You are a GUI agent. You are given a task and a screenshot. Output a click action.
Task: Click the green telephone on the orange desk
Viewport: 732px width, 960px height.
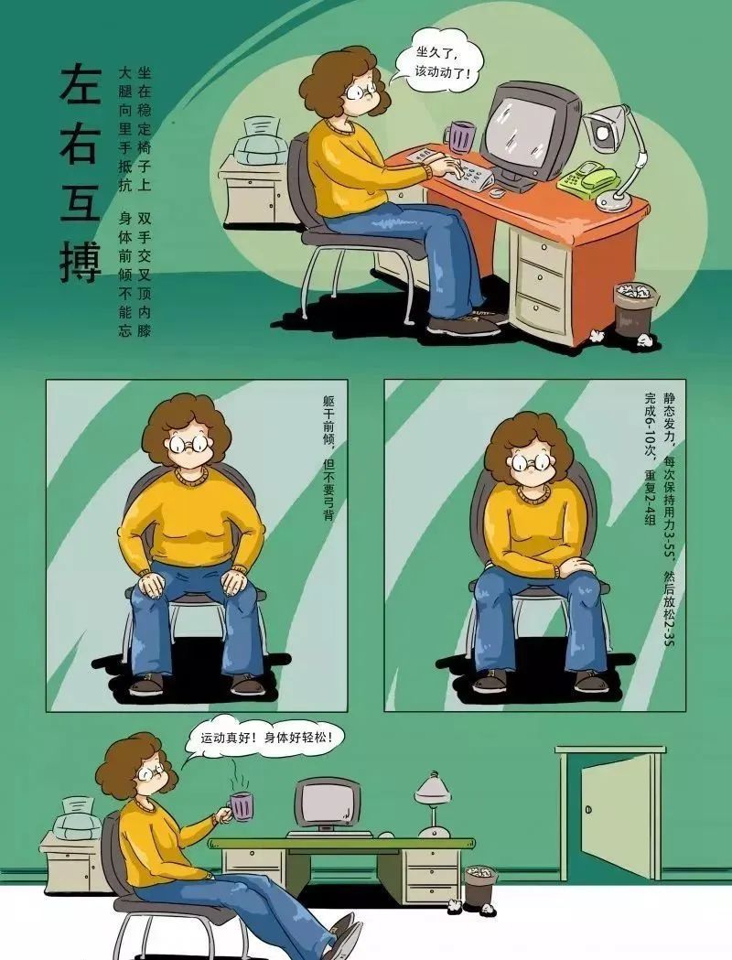tap(587, 178)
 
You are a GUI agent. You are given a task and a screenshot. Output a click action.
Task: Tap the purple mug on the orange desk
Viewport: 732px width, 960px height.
tap(459, 136)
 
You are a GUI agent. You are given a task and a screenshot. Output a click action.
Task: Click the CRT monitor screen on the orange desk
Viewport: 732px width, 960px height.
tap(522, 129)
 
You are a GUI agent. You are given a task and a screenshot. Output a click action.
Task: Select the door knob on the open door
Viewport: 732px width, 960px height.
tap(587, 809)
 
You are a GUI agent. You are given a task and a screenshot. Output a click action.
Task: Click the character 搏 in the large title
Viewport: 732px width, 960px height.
tap(79, 257)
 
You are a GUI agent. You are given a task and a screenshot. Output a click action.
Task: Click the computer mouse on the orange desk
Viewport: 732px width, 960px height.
tap(496, 192)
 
